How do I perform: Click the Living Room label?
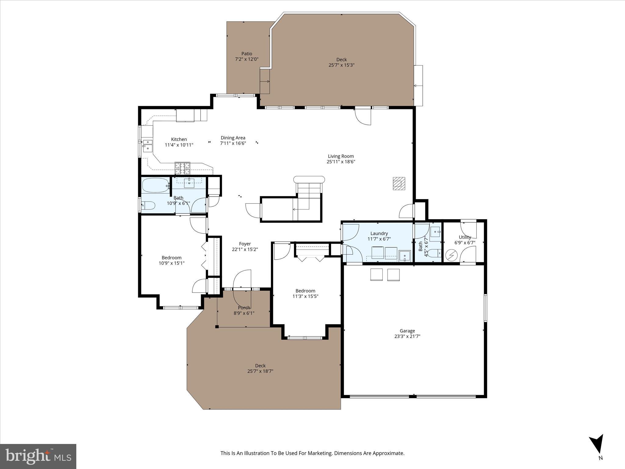point(341,156)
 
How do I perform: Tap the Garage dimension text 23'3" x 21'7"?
point(407,336)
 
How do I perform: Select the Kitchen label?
point(179,139)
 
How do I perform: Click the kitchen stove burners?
point(182,168)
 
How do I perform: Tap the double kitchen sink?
point(148,145)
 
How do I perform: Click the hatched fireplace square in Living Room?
point(399,184)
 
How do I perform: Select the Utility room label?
point(465,237)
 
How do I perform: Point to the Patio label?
point(247,54)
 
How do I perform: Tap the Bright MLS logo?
point(38,456)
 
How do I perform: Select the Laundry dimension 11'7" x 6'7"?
point(379,239)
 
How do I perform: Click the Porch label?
point(244,307)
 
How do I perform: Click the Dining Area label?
point(233,138)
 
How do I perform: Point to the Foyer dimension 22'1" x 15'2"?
point(245,249)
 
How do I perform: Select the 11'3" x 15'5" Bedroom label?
point(305,291)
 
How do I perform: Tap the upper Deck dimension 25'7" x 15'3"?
point(341,65)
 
